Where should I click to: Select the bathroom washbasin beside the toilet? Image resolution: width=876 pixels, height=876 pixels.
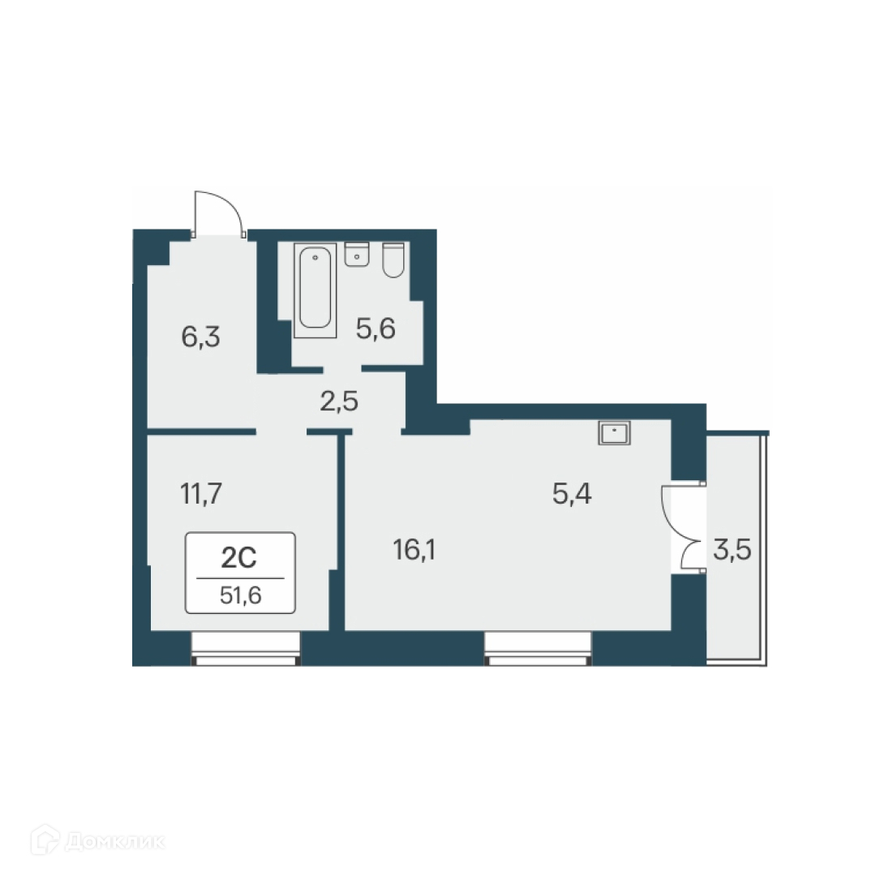pyautogui.click(x=357, y=254)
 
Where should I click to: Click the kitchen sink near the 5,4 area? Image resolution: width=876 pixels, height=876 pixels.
pyautogui.click(x=614, y=433)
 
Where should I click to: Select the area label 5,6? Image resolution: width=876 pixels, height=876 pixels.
pyautogui.click(x=376, y=328)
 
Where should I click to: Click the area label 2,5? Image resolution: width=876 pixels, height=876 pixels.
pyautogui.click(x=338, y=401)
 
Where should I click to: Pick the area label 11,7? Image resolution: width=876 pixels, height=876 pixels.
pyautogui.click(x=199, y=492)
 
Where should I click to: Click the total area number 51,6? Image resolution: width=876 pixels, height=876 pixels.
pyautogui.click(x=240, y=596)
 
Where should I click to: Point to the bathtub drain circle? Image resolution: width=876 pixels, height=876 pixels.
pyautogui.click(x=315, y=258)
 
